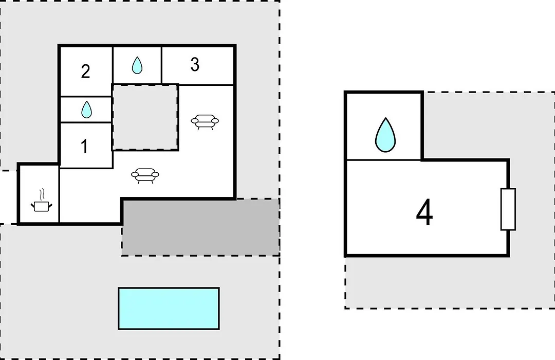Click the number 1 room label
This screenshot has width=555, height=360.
point(84,146)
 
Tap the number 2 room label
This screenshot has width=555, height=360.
point(85,71)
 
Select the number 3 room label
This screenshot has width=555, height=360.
point(195,64)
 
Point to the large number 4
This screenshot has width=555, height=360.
point(424,212)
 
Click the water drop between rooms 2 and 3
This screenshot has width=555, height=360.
point(137,65)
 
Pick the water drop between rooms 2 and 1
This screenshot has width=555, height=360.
point(86,110)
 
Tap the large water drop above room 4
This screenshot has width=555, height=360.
point(385,135)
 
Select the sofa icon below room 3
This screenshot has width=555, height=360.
point(205,122)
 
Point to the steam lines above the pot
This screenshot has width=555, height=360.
point(42,194)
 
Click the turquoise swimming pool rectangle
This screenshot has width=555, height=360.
point(169,309)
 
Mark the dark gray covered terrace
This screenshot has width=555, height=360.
point(201,227)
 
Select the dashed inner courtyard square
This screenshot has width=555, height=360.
point(145,117)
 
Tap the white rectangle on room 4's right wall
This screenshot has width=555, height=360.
point(508,209)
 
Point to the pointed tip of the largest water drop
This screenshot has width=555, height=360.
point(385,118)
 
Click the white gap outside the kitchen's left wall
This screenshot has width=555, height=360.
point(9,197)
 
